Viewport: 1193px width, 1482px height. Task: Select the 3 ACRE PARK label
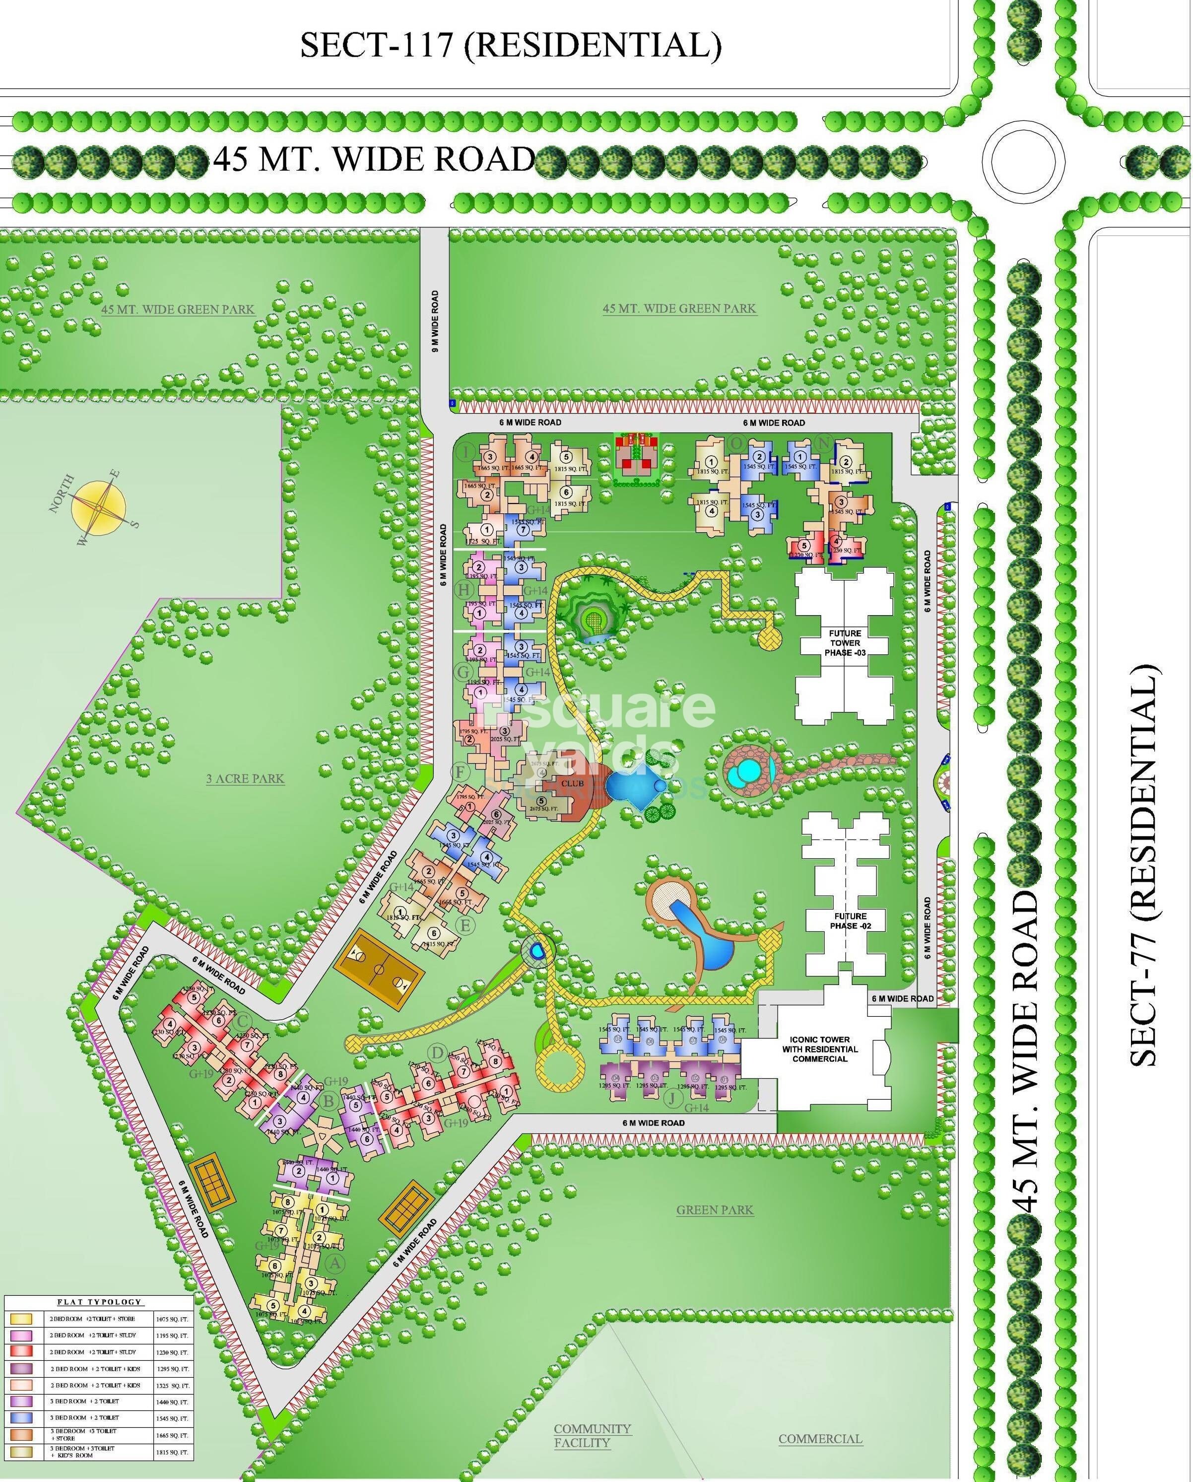coord(245,779)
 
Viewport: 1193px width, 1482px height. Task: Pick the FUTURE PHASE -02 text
coord(850,921)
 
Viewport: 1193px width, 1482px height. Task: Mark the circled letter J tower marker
coord(673,1098)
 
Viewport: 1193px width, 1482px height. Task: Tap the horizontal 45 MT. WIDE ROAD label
coord(374,159)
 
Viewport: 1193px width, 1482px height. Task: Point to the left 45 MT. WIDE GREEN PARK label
coord(178,309)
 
